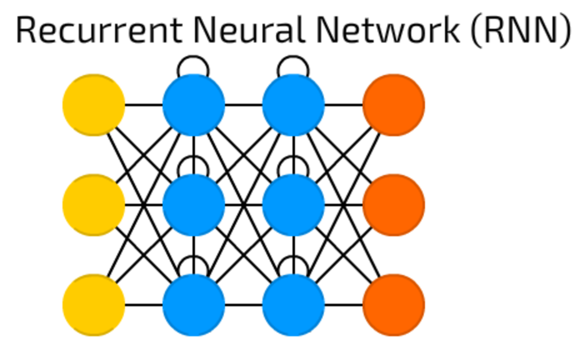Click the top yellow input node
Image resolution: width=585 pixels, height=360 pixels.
94,105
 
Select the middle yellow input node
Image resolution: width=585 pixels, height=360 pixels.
94,205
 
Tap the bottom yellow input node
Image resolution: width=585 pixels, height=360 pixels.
94,305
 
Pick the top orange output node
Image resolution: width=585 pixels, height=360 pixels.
394,105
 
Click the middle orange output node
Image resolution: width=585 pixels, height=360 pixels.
394,205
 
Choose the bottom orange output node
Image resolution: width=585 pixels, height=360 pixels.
394,305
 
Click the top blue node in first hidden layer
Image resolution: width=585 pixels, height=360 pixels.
194,105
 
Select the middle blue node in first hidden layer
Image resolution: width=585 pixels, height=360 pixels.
194,205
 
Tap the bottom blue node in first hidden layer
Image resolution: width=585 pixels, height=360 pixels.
194,305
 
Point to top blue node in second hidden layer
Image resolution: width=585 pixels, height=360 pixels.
294,105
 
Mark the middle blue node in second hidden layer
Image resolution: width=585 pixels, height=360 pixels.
294,205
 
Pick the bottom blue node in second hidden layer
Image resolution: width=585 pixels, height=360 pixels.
294,305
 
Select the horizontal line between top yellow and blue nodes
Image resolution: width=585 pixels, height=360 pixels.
144,105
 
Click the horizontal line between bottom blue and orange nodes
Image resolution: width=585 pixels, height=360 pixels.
344,305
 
